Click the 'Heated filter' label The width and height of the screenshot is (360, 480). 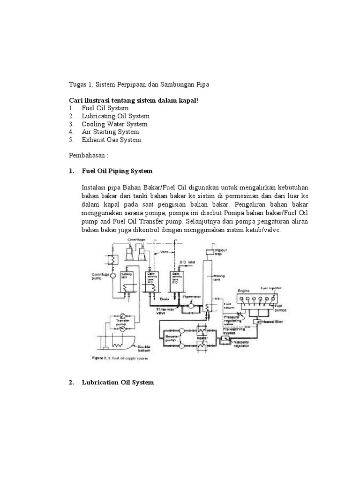tap(273, 322)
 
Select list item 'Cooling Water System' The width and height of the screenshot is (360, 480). tap(114, 124)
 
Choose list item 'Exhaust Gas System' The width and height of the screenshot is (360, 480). tap(111, 140)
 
